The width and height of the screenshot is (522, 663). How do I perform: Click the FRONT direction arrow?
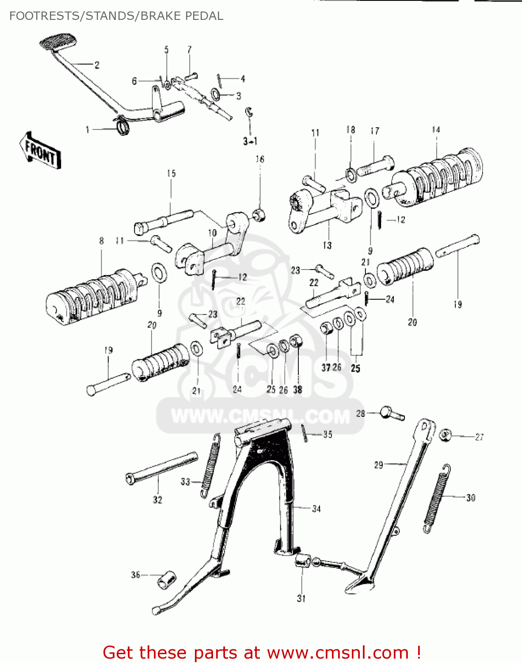point(40,151)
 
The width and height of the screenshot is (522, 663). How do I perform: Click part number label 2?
point(97,65)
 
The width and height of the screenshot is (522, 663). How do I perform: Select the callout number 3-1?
point(250,141)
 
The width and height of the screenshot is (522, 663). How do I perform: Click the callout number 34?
point(316,509)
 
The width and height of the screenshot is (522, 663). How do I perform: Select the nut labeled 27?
point(446,435)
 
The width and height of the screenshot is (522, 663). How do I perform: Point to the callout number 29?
point(378,465)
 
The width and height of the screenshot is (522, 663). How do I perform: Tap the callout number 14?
point(436,130)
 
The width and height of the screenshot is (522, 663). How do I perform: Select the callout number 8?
point(101,241)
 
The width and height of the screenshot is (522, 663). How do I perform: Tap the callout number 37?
point(326,368)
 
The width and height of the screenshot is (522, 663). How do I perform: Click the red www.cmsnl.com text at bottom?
point(338,652)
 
